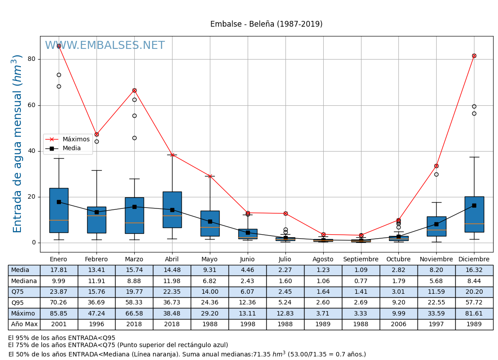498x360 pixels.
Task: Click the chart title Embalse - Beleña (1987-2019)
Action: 266,24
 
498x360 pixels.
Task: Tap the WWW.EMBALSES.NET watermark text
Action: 105,46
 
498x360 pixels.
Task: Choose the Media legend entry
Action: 72,148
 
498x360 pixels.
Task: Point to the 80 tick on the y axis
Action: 31,59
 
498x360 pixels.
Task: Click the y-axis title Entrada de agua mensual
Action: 17,144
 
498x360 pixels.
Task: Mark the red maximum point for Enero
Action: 59,46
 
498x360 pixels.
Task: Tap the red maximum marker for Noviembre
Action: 436,166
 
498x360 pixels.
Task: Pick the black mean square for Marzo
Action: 134,207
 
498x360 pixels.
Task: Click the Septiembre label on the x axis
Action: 361,260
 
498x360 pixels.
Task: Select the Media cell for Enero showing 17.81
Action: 59,270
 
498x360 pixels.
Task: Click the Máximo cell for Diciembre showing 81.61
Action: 474,314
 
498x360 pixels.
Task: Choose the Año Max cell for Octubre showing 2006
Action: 398,324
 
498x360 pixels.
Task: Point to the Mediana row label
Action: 24,281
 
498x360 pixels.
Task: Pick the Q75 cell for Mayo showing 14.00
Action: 210,292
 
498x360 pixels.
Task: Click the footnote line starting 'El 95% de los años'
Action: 62,338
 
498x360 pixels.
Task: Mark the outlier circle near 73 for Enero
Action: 59,75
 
